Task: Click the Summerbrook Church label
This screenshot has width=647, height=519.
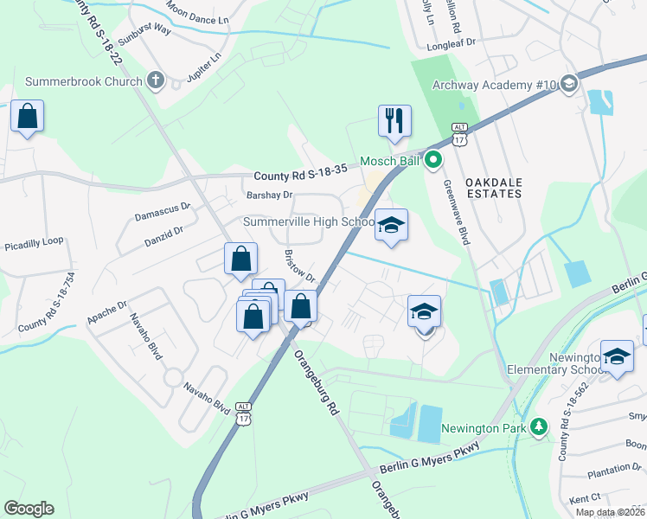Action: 83,81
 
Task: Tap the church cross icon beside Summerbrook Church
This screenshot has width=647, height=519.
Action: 156,81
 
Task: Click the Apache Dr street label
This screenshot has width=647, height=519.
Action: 106,312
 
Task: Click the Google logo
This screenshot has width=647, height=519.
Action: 29,509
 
